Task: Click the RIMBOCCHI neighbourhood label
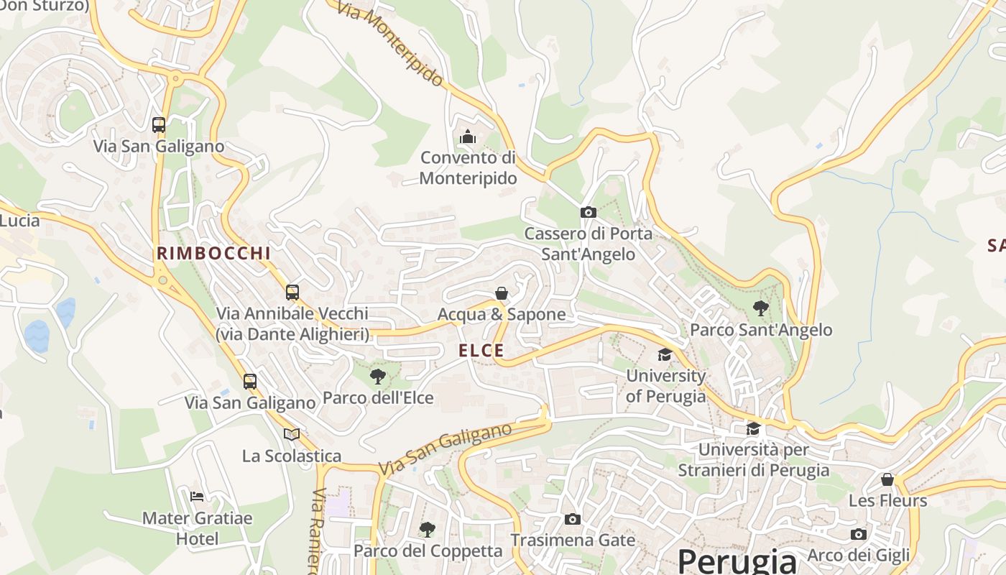point(213,253)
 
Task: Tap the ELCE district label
point(481,351)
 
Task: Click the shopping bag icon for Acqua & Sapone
point(502,293)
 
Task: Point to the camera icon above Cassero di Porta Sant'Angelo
point(588,212)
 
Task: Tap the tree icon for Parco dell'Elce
point(377,376)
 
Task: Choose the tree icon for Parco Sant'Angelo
point(760,309)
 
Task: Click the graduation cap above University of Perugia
point(665,354)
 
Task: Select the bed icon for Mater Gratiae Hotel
point(197,496)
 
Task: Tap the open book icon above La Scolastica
point(291,434)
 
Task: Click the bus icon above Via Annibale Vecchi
point(292,292)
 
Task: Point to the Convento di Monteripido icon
point(468,136)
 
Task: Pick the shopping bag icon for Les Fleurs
point(887,479)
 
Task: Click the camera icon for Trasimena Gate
point(572,519)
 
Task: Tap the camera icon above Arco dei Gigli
point(858,534)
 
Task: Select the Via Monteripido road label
point(391,43)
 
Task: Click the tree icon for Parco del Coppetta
point(428,530)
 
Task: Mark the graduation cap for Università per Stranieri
point(753,429)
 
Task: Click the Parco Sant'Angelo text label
point(761,330)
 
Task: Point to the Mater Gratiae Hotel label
point(198,528)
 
